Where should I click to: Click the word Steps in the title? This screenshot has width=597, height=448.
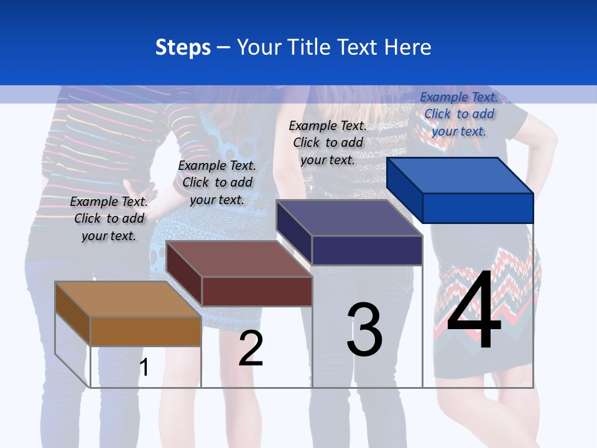point(183,47)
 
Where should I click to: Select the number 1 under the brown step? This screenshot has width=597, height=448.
point(144,367)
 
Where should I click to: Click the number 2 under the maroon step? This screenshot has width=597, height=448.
point(251,348)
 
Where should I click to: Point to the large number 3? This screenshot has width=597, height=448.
point(364,329)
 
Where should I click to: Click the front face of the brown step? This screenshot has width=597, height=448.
point(146,332)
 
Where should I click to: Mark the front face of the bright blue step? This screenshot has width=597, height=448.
point(478,208)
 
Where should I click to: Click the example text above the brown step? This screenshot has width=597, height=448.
point(109,218)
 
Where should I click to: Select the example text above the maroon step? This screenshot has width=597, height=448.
point(217,182)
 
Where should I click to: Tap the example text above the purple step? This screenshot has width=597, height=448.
point(328,142)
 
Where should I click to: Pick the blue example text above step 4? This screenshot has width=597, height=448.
point(459,114)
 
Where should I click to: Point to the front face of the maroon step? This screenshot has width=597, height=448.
point(257,291)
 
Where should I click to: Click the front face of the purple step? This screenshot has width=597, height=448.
point(367,250)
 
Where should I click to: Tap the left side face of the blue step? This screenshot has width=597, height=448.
point(404,190)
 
